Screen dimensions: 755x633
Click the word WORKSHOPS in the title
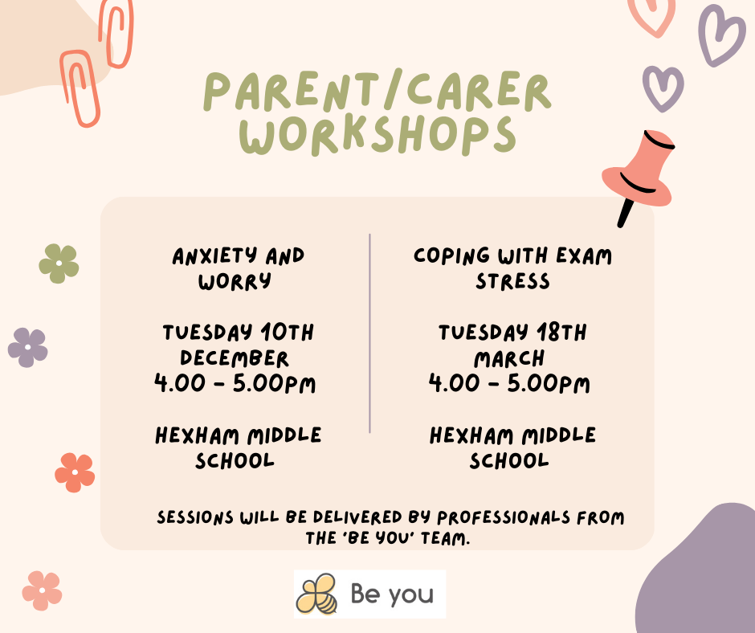click(377, 136)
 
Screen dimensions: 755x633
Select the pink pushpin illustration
click(638, 176)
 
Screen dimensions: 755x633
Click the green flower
click(59, 263)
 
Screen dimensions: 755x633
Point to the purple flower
click(28, 347)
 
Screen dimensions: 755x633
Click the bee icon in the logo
click(316, 594)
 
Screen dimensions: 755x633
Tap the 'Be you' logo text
click(392, 594)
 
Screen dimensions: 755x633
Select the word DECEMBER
click(234, 358)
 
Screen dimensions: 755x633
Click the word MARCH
click(509, 359)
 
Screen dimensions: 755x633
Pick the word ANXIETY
click(214, 255)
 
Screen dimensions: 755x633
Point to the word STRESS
click(512, 281)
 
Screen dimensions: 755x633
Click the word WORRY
click(235, 282)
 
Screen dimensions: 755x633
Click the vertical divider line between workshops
click(369, 333)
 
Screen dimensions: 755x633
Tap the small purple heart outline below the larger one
click(663, 88)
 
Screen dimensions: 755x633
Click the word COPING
click(451, 255)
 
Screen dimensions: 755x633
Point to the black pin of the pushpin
click(626, 212)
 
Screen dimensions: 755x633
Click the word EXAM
click(584, 255)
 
